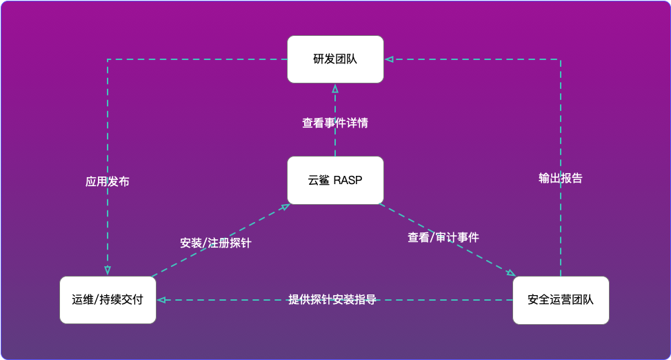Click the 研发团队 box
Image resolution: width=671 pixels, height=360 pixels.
pyautogui.click(x=335, y=59)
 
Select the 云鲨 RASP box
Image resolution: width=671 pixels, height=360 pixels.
pyautogui.click(x=335, y=181)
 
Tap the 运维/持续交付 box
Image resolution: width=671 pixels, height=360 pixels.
pyautogui.click(x=108, y=300)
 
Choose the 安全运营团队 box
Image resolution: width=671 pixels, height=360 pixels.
pyautogui.click(x=561, y=300)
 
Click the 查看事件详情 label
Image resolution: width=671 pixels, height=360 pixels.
pyautogui.click(x=335, y=123)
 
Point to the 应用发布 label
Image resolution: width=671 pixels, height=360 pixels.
pyautogui.click(x=108, y=182)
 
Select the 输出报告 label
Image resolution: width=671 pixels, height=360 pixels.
pyautogui.click(x=561, y=178)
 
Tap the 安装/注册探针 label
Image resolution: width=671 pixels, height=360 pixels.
pyautogui.click(x=216, y=243)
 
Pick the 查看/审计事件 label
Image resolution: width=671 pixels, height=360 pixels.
pyautogui.click(x=443, y=237)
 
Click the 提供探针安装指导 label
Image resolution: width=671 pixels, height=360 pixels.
pyautogui.click(x=332, y=300)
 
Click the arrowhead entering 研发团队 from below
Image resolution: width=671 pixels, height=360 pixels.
pyautogui.click(x=335, y=87)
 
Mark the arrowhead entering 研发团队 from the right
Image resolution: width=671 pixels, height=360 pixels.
pyautogui.click(x=388, y=59)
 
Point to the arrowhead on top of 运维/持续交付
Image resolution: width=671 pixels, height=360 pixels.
pyautogui.click(x=108, y=271)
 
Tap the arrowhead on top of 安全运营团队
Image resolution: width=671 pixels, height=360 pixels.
pyautogui.click(x=511, y=273)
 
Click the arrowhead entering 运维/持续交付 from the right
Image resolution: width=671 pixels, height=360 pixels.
pyautogui.click(x=160, y=300)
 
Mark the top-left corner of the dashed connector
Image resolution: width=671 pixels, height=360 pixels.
pyautogui.click(x=108, y=59)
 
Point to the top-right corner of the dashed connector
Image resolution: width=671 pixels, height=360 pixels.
pyautogui.click(x=561, y=59)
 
